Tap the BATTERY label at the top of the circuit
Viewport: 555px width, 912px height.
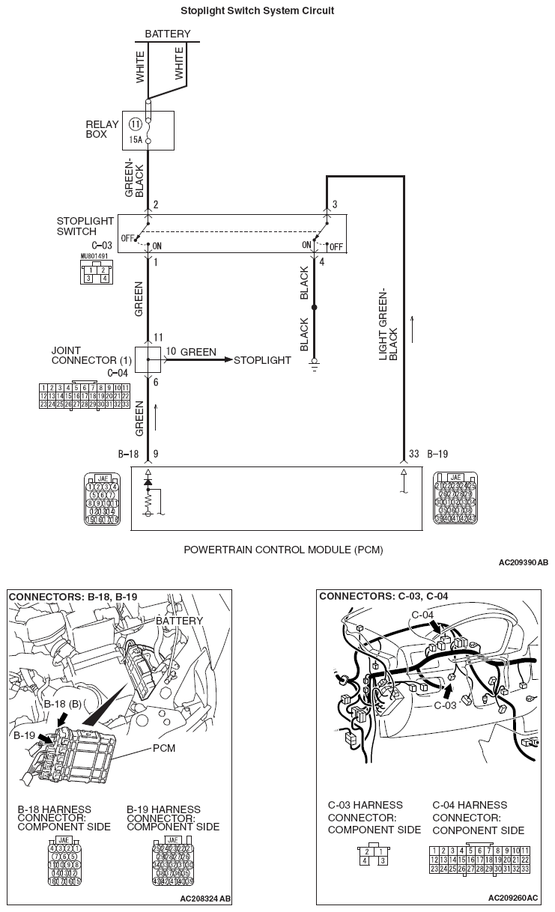coord(167,34)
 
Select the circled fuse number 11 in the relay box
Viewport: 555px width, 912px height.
coord(136,124)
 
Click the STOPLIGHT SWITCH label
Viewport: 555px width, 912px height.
coord(85,226)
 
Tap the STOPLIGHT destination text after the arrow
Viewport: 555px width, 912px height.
coord(262,360)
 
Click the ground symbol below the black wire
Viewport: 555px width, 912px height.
coord(315,367)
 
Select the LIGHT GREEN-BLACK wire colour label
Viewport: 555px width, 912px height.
coord(388,323)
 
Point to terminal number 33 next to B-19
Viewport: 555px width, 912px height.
coord(413,454)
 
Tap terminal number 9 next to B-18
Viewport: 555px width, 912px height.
coord(156,454)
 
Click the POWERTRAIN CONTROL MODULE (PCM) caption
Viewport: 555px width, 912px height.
coord(283,550)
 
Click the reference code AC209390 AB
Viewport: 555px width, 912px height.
coord(523,562)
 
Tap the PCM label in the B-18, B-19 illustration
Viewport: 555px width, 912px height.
coord(164,749)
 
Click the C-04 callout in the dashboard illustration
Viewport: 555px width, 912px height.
coord(423,615)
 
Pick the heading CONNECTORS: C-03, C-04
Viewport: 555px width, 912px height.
coord(374,597)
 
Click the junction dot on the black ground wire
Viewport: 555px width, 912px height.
coord(315,308)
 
